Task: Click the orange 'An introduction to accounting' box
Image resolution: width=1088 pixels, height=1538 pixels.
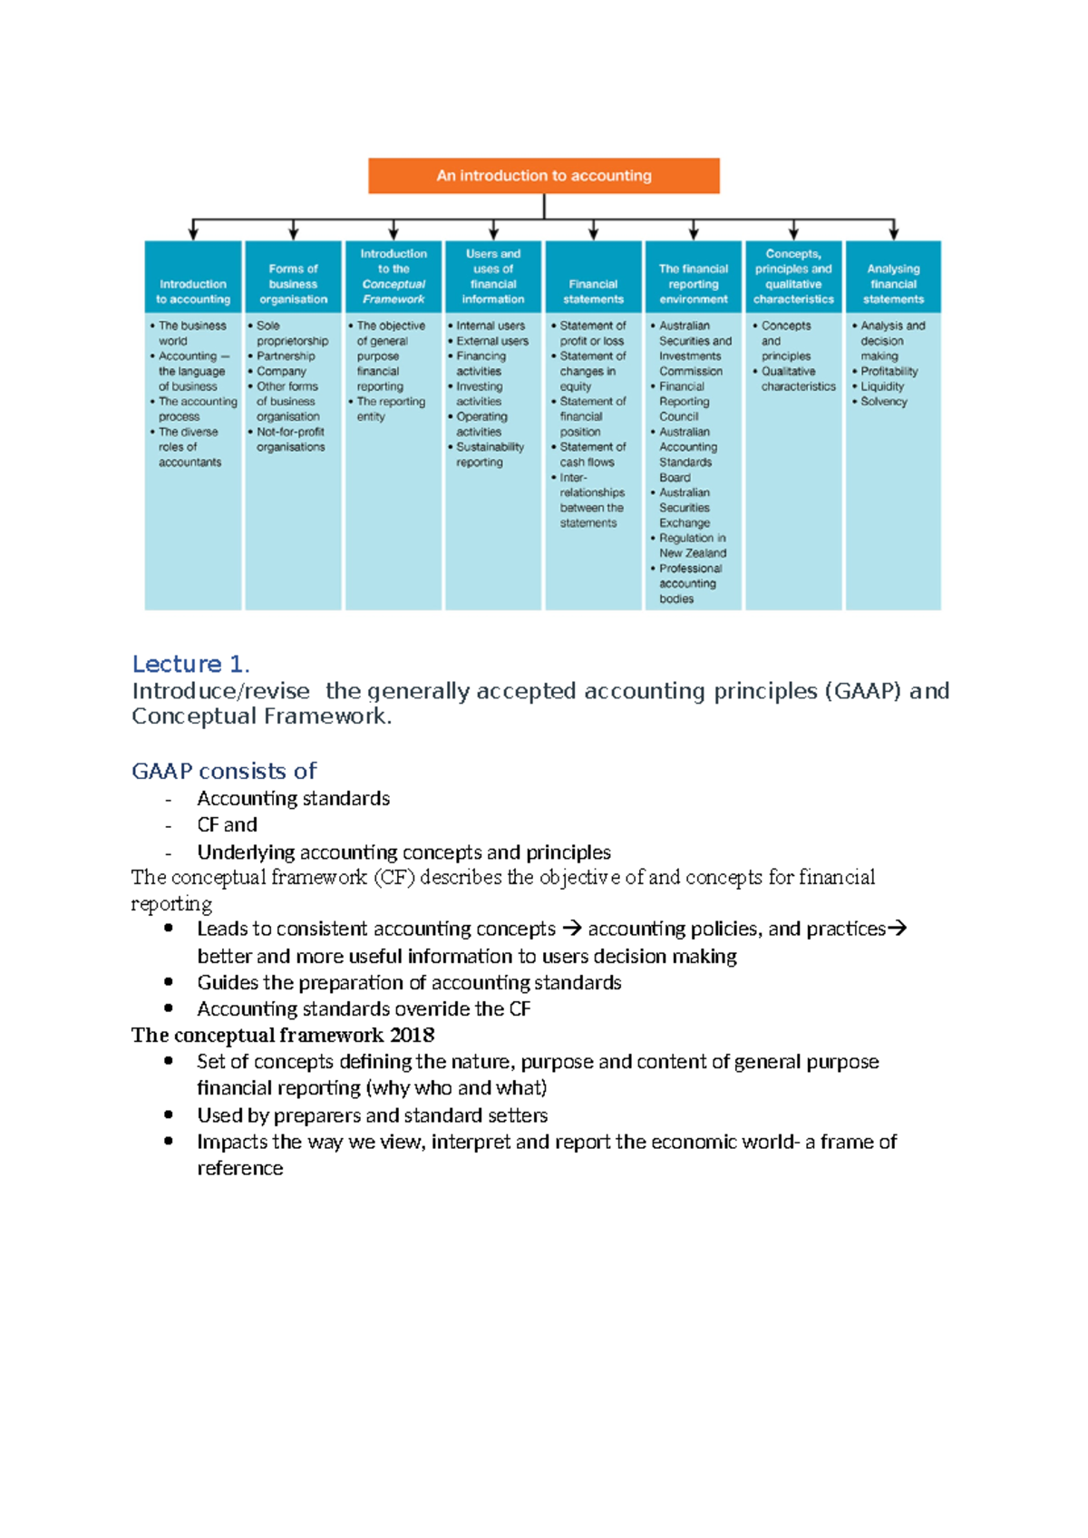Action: [x=543, y=176]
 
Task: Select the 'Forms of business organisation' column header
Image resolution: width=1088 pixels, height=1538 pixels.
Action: [x=293, y=284]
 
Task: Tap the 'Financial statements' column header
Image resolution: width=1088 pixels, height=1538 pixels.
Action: [x=593, y=291]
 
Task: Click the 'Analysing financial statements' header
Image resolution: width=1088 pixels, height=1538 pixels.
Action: [x=893, y=284]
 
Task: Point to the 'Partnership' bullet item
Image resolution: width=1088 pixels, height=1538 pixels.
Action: [x=286, y=356]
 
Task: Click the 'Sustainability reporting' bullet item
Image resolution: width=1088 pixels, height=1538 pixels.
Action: [x=489, y=454]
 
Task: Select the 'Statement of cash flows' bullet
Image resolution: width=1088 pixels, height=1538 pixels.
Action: [x=591, y=454]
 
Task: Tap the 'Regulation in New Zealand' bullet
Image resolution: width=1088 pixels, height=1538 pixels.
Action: [x=692, y=545]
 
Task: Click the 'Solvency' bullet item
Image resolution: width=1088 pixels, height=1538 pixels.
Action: [x=883, y=402]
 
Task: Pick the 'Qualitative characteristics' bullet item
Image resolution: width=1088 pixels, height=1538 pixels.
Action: [x=796, y=379]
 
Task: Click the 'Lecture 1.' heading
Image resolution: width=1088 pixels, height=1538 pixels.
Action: [x=190, y=664]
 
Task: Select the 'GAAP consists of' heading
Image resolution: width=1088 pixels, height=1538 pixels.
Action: [x=224, y=771]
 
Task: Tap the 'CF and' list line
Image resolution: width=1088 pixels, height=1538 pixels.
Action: [x=227, y=824]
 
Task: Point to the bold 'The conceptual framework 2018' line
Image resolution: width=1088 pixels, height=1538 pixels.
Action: [x=282, y=1035]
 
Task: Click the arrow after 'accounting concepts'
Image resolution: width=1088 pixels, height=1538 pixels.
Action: [x=571, y=929]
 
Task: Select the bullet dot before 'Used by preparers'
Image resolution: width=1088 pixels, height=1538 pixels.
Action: [x=169, y=1115]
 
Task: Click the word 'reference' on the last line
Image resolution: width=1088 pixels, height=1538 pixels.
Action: [x=239, y=1168]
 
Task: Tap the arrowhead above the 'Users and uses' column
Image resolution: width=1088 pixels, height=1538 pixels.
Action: [x=493, y=233]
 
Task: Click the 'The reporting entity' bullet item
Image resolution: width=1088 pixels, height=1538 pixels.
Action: [x=390, y=409]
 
